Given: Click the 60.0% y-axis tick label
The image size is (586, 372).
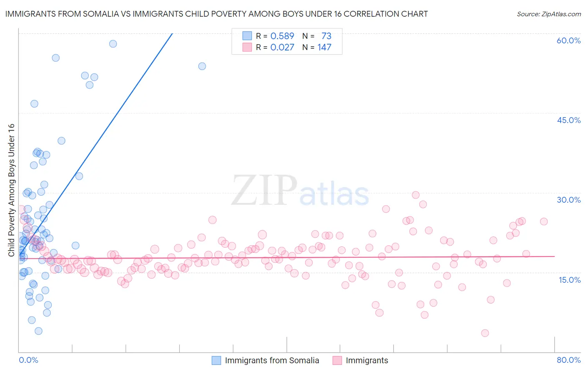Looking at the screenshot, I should tap(568, 40).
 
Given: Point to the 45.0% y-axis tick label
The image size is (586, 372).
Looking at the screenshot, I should tap(568, 120).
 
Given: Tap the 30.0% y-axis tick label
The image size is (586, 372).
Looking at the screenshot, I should tap(568, 200).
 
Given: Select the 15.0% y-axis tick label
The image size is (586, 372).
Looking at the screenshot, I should tap(569, 280).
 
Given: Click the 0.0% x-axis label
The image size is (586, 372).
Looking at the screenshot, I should tap(28, 360).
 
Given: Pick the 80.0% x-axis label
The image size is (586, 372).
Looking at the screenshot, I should tap(568, 360).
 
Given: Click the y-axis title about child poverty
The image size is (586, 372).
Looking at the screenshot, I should tap(11, 190).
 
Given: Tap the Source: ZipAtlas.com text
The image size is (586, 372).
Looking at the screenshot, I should tap(548, 14).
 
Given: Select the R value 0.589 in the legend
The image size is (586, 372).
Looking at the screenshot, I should tap(282, 36).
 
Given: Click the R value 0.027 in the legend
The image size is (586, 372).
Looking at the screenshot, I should tap(282, 47).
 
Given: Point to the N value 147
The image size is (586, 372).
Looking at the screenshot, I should tap(324, 47).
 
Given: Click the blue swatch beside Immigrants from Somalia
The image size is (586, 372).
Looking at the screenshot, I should tap(216, 360).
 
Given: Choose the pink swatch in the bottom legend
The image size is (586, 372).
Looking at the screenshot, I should tap(337, 360).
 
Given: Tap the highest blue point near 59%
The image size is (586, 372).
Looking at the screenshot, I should tap(113, 44).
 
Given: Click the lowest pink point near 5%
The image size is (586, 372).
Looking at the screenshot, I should tap(485, 333).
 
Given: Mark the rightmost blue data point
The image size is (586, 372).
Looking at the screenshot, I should tap(202, 66).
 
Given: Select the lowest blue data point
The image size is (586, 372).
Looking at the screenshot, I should tap(38, 331).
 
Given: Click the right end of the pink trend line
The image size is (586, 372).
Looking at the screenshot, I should tap(555, 256).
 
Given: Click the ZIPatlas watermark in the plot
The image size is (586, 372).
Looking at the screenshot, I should tap(300, 191).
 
